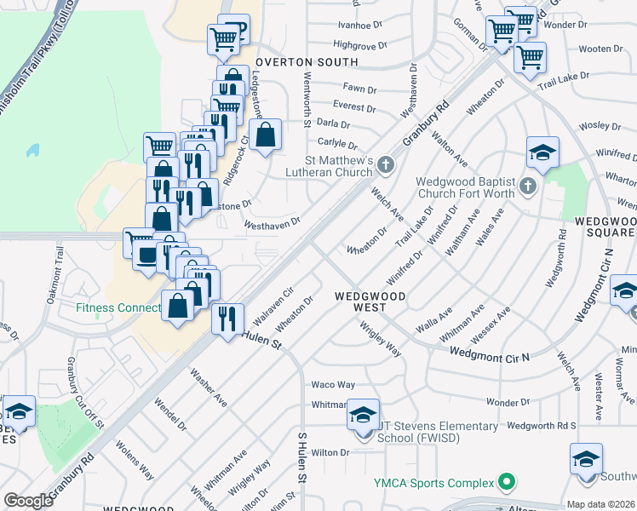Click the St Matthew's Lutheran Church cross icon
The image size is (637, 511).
click(386, 164)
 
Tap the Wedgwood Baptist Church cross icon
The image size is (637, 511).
click(528, 186)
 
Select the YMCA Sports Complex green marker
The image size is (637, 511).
click(507, 483)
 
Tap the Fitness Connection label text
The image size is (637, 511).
click(118, 307)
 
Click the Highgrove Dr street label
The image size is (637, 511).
click(360, 44)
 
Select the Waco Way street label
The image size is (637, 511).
click(333, 385)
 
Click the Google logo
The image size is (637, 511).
click(28, 501)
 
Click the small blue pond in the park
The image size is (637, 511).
click(32, 151)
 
